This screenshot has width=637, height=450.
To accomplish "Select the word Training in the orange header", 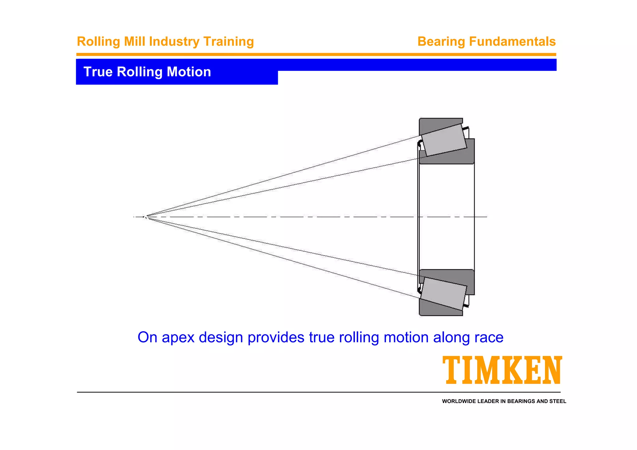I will click(x=228, y=42).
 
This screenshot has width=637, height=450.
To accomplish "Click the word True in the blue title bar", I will click(x=98, y=72).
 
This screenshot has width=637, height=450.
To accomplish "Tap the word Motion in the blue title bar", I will click(x=189, y=72).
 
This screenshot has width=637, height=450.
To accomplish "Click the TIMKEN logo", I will click(x=502, y=370).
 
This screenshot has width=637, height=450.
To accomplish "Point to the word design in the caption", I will click(x=221, y=337).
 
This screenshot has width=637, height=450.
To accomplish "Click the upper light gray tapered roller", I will click(x=444, y=140).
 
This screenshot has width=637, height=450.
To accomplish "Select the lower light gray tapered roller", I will click(x=444, y=294).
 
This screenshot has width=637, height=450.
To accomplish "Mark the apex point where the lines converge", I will click(x=145, y=217).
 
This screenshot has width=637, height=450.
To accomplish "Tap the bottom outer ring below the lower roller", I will click(x=435, y=309).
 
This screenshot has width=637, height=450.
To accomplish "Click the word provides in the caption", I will click(x=276, y=337).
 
